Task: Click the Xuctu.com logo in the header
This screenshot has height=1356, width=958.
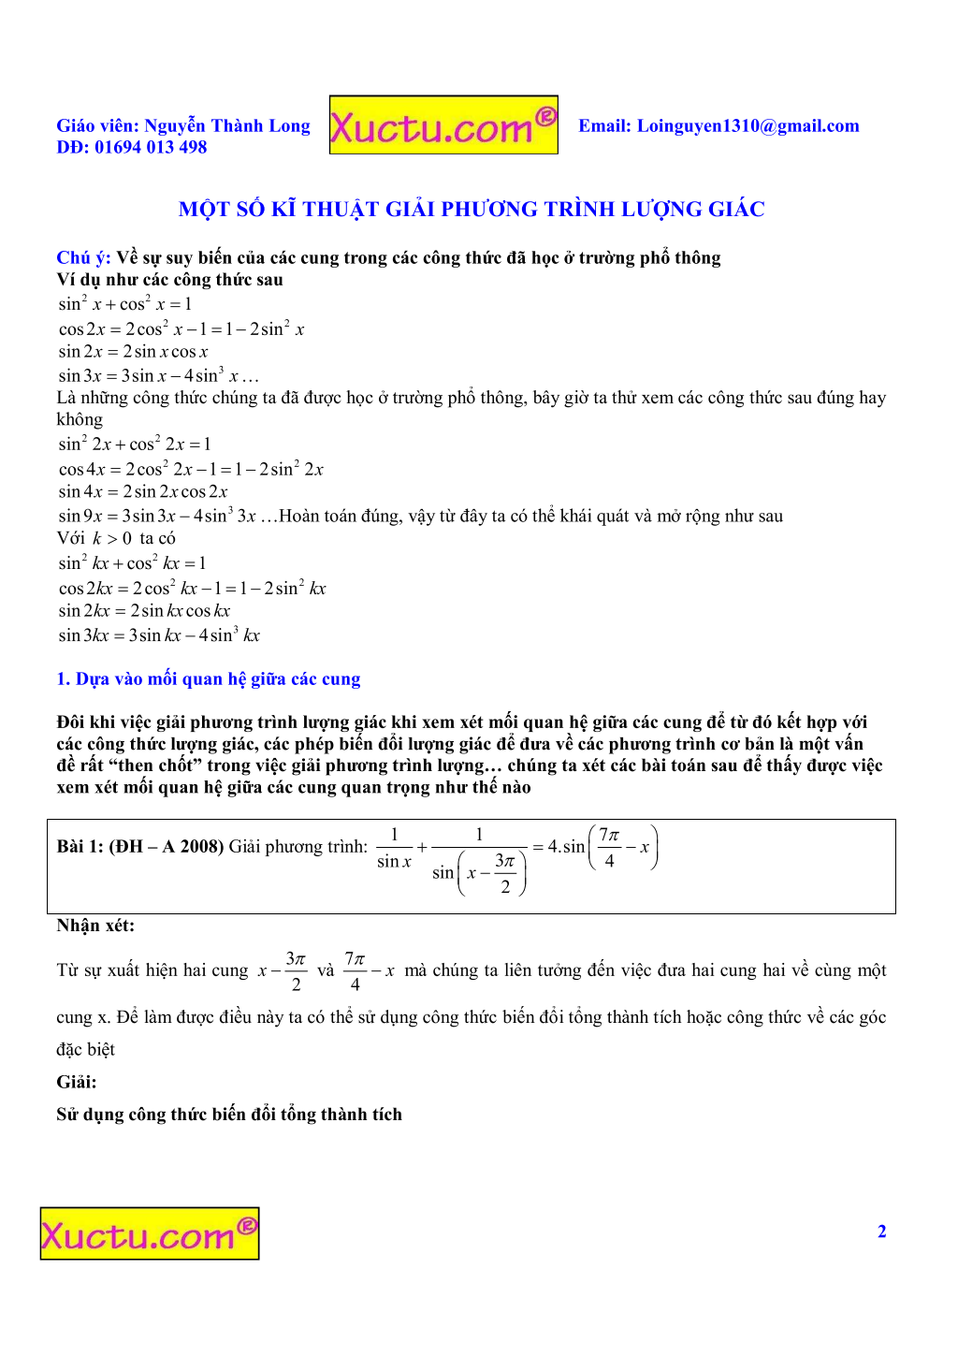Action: (443, 125)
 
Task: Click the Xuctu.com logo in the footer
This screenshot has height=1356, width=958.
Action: (150, 1233)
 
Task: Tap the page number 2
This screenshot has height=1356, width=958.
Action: (881, 1232)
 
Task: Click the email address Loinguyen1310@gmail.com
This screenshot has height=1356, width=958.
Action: (748, 126)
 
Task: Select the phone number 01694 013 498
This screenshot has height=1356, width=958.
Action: (151, 147)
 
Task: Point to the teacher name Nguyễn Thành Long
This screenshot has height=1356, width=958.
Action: (227, 125)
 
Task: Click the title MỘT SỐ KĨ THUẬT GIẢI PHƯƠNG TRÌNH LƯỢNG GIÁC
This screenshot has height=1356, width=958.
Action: (472, 210)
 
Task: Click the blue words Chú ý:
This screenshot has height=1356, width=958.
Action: (83, 257)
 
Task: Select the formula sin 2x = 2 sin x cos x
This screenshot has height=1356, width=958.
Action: (133, 352)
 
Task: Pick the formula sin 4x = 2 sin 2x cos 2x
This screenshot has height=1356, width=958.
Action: (143, 491)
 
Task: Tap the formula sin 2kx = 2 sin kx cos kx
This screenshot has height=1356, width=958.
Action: (144, 611)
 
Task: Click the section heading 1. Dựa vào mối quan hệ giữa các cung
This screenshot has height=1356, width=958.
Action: (209, 679)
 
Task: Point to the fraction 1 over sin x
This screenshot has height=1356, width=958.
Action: (394, 847)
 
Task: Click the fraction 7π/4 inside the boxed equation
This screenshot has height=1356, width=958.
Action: (609, 847)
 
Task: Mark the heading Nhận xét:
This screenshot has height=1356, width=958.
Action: (95, 926)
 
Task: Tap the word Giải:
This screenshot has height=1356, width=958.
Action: (77, 1082)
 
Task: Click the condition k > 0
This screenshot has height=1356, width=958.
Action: (112, 538)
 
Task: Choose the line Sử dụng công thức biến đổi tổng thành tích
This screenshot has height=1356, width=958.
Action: (229, 1115)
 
